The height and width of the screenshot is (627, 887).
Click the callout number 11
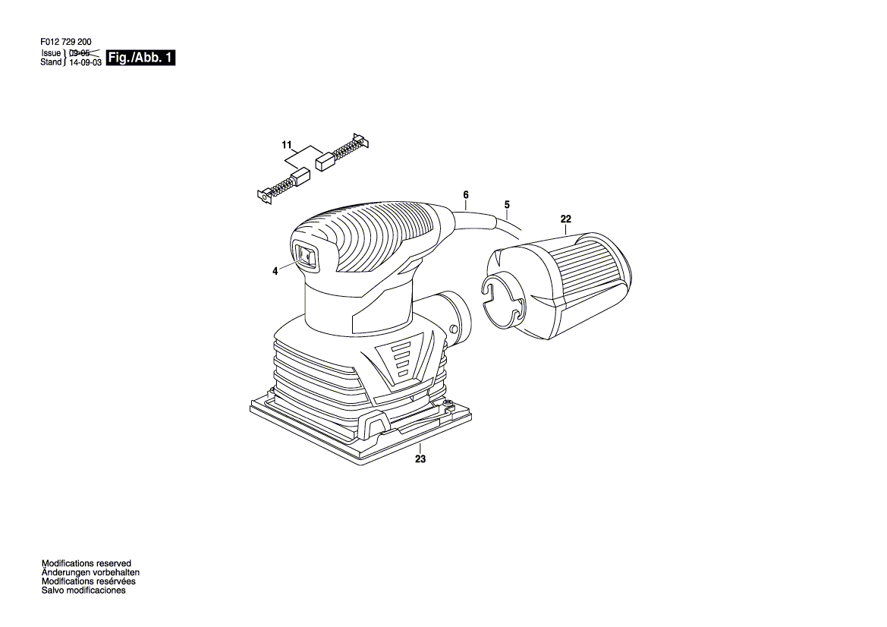286,144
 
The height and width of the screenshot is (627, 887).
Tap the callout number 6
466,195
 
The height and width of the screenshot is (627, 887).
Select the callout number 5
506,204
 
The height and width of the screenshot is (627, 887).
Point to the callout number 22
566,219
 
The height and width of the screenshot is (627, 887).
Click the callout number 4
275,270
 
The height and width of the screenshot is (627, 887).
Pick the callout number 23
421,458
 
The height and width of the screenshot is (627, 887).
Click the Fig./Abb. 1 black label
141,58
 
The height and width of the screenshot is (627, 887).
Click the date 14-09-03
85,63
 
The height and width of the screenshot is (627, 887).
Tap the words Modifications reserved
86,564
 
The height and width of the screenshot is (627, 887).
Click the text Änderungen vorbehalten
90,572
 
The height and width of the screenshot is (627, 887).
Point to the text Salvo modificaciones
83,590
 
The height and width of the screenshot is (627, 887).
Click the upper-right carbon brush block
324,160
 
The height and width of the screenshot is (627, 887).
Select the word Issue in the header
51,54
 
